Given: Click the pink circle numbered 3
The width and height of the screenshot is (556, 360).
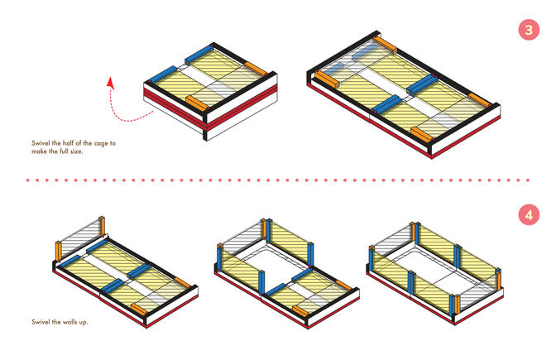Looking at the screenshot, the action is click(529, 30).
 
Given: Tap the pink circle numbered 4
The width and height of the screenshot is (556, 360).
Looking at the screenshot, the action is click(529, 215).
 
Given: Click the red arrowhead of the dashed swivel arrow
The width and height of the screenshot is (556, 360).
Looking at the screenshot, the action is click(111, 82).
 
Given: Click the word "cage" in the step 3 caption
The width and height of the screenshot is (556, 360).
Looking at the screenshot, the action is click(99, 144).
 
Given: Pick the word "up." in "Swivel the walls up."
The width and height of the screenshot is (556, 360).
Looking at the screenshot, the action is click(84, 323).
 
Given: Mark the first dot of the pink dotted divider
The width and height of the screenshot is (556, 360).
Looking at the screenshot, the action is click(27, 180).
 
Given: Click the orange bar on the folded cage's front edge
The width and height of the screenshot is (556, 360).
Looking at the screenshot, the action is click(198, 103).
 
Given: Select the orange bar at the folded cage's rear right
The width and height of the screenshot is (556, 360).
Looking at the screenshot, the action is click(256, 69).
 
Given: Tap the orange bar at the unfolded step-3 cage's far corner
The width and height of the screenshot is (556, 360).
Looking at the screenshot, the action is click(385, 45).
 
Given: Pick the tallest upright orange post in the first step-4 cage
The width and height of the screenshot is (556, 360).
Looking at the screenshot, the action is click(102, 226).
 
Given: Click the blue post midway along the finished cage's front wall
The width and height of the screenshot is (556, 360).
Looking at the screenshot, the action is click(411, 283).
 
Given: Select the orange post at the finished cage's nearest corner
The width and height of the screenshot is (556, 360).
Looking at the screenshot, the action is click(457, 305).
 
